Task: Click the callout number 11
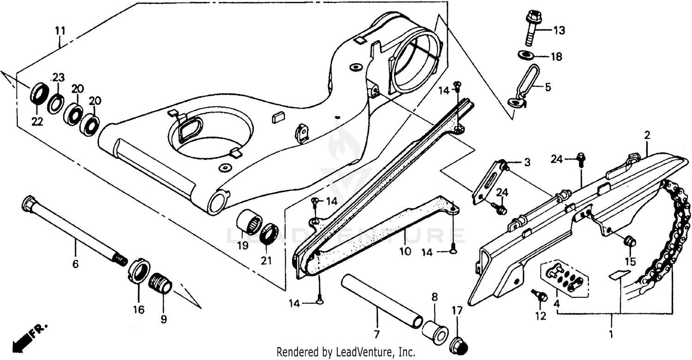(x=60, y=31)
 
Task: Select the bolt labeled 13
(x=532, y=28)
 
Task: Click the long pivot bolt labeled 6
(x=74, y=231)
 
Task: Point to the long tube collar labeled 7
(x=382, y=301)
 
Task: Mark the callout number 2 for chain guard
(x=647, y=135)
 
